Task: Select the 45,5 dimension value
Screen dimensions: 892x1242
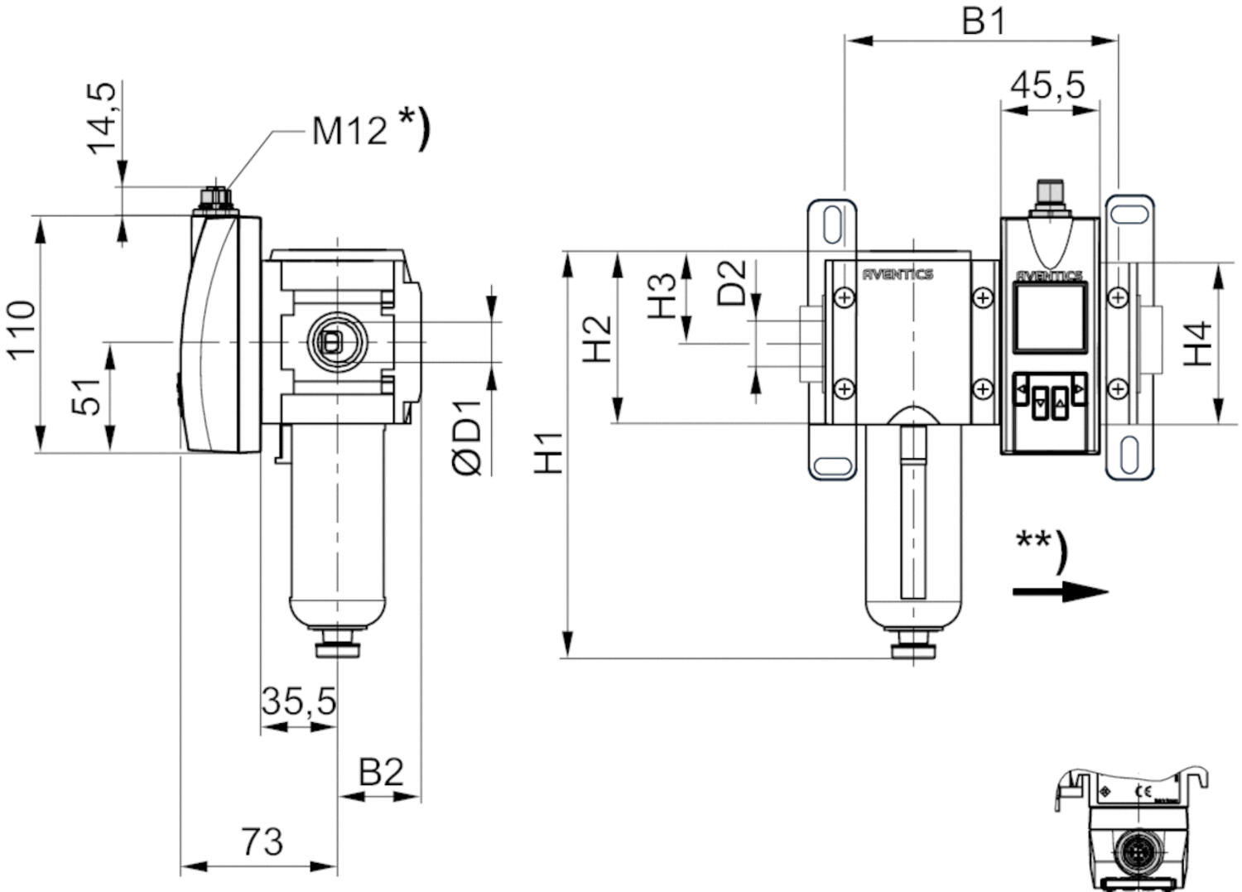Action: [1048, 84]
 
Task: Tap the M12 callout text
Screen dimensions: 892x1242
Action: [349, 129]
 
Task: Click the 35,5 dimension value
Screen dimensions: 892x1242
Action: [299, 702]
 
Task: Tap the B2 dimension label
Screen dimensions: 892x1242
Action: [381, 772]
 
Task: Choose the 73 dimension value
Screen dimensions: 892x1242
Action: [262, 842]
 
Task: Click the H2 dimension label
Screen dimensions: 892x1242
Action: [597, 338]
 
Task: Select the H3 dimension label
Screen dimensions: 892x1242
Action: [662, 296]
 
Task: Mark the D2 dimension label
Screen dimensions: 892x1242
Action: [732, 282]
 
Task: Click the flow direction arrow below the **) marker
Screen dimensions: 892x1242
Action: [1060, 591]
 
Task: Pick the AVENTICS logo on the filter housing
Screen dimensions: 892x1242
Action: [898, 274]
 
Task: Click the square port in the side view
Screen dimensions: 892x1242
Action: [333, 340]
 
